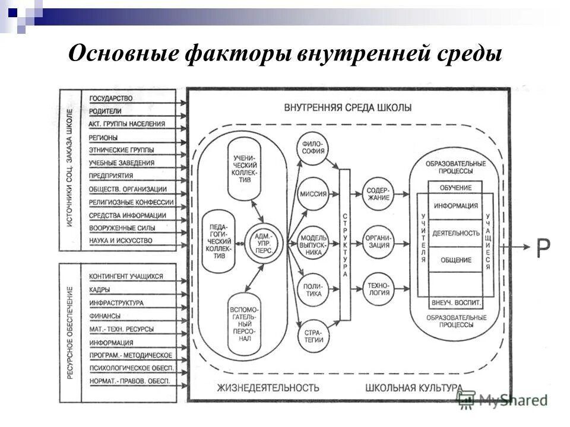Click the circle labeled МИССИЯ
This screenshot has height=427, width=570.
click(x=313, y=194)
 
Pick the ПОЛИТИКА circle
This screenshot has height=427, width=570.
click(x=313, y=289)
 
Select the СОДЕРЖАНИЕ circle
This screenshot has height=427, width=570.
click(x=378, y=194)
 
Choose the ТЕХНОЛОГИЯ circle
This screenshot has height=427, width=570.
click(x=378, y=289)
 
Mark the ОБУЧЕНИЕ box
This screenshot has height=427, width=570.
click(x=456, y=188)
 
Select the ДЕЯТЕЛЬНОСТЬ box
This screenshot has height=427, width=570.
click(x=456, y=233)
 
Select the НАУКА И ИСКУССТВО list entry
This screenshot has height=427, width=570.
click(x=121, y=241)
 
